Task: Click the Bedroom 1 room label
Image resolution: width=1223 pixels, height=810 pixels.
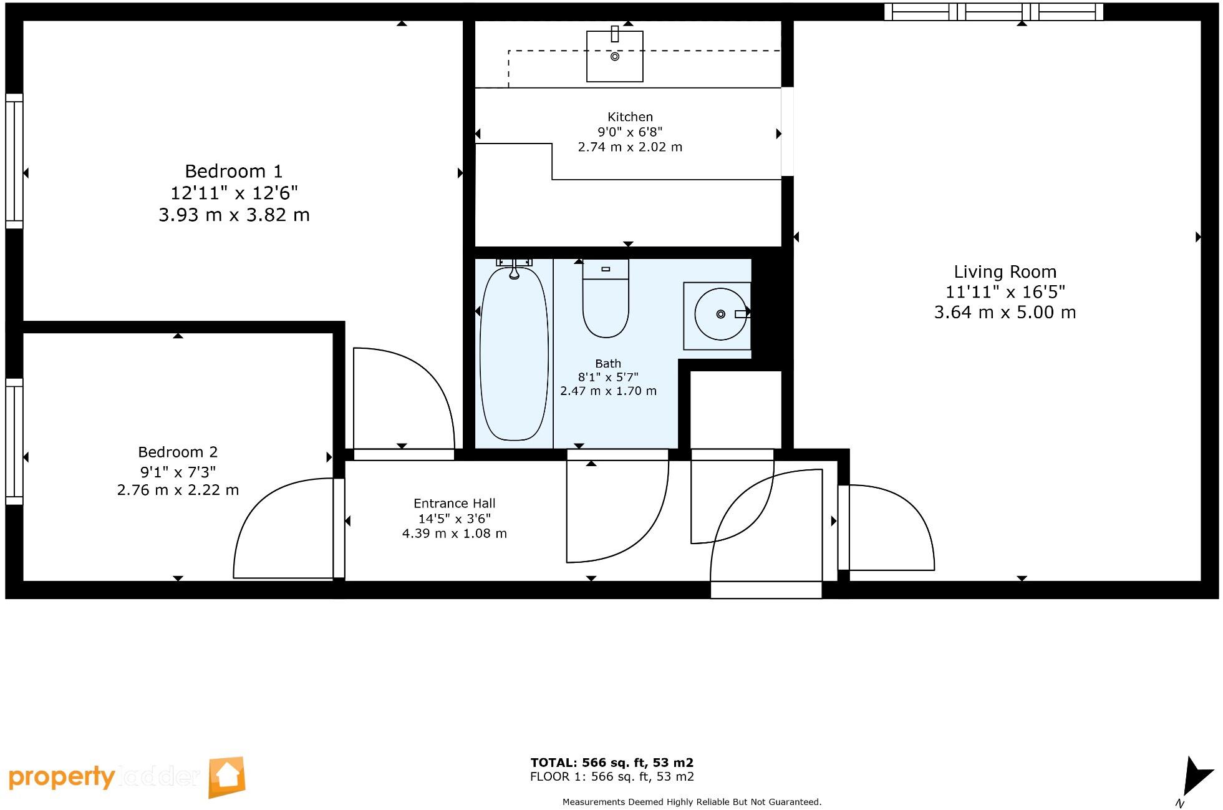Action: click(x=233, y=171)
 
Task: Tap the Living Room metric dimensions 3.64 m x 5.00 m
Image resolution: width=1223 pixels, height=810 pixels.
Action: click(x=1004, y=312)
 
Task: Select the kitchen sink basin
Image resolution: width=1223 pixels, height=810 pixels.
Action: click(x=614, y=57)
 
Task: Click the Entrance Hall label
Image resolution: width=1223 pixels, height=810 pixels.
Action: click(x=454, y=503)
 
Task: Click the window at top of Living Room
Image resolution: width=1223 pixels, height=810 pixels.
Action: click(x=993, y=12)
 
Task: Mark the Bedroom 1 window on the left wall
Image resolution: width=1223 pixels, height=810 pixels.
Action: click(x=14, y=161)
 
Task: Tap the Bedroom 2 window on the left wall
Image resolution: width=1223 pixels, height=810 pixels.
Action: click(x=14, y=441)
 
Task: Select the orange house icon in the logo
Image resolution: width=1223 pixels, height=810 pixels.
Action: click(x=226, y=777)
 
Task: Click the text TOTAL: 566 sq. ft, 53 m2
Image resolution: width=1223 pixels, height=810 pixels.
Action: click(x=611, y=762)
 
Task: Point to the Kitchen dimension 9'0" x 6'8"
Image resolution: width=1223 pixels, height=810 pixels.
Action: click(x=629, y=132)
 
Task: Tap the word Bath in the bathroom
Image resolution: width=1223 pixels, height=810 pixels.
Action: click(x=607, y=363)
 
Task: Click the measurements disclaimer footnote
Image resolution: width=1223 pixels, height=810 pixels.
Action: click(x=692, y=802)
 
